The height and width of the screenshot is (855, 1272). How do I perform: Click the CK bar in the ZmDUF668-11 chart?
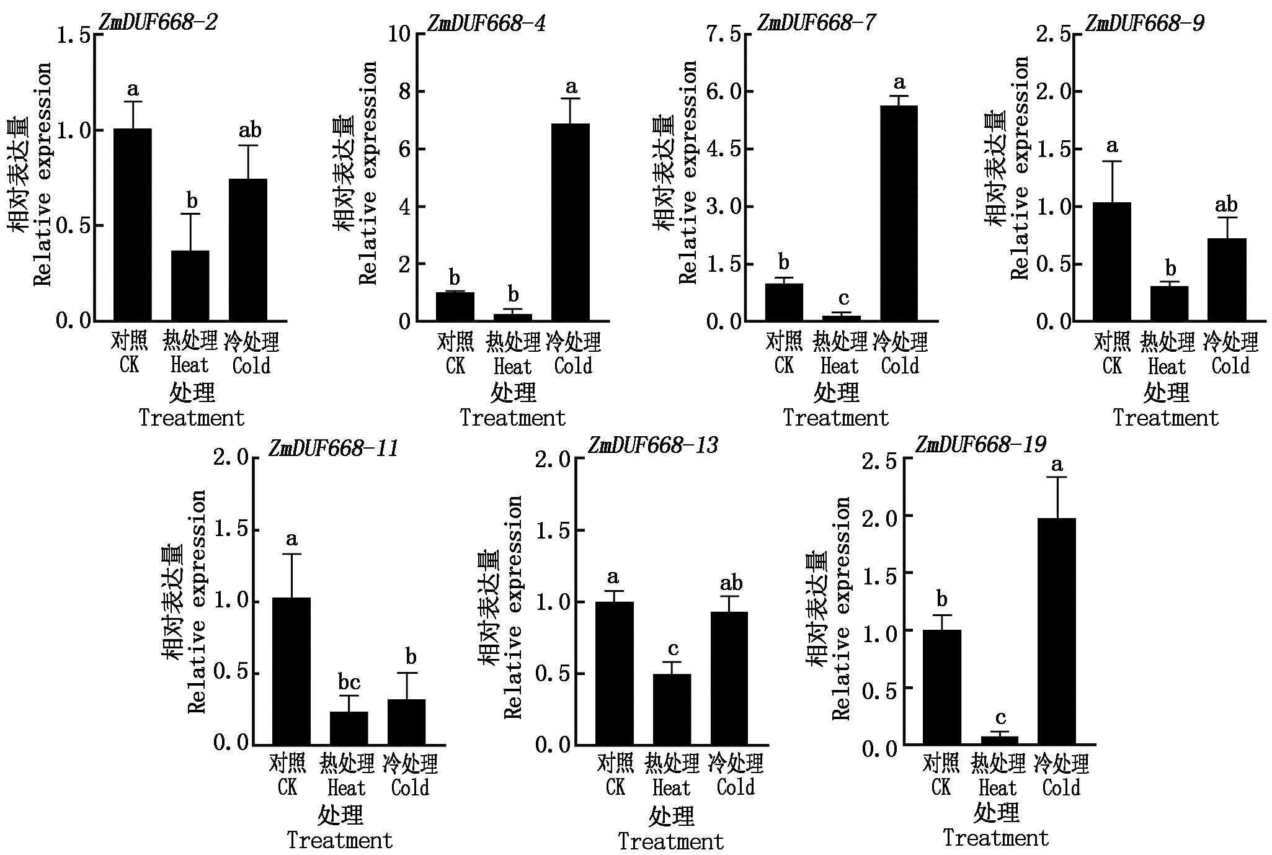coord(291,671)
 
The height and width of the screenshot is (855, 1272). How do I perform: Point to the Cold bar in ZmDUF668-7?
coord(898,213)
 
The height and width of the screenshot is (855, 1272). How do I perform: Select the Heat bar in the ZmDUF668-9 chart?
coord(1169,303)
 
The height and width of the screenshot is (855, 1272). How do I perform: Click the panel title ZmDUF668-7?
coord(816,24)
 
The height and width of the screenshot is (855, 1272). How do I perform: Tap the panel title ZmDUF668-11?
coord(333,448)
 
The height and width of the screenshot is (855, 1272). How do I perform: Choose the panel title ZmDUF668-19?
coord(981,445)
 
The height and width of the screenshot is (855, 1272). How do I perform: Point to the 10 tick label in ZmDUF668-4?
coord(399,34)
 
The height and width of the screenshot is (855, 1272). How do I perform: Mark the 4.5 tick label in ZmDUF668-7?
coord(724,150)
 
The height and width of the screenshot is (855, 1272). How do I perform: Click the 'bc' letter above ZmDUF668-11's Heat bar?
coord(349,683)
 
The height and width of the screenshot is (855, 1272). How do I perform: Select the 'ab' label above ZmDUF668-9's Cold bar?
coord(1226,205)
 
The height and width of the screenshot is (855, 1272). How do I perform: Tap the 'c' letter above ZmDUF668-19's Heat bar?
coord(1000,718)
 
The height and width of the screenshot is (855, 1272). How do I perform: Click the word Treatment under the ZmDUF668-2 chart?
coord(192,418)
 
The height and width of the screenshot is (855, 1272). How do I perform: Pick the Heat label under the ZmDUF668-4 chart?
coord(512,367)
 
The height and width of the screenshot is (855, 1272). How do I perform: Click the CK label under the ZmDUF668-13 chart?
coord(615,787)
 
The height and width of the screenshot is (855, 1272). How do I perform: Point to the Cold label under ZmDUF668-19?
coord(1061,788)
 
